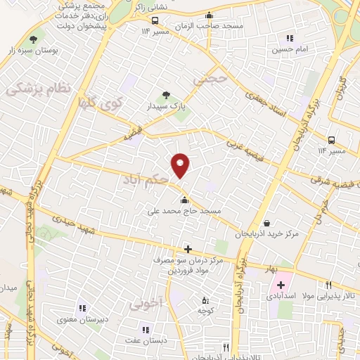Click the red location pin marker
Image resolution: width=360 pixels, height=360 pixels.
click(x=181, y=165)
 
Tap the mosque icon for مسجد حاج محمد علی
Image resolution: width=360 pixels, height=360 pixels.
click(x=185, y=200)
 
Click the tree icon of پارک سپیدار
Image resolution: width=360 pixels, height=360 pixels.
click(x=167, y=95)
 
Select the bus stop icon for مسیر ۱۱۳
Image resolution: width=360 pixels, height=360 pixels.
click(x=155, y=20)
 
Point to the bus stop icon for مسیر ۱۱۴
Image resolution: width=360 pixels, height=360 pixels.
click(x=330, y=139)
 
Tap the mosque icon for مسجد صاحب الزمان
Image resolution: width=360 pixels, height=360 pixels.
click(x=209, y=15)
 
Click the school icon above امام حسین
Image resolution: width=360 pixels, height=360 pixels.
click(x=288, y=38)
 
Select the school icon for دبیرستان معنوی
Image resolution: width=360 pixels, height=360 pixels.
click(x=82, y=307)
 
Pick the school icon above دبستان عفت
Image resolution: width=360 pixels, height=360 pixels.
click(x=146, y=329)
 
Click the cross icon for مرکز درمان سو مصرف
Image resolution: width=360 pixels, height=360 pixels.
click(x=188, y=249)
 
